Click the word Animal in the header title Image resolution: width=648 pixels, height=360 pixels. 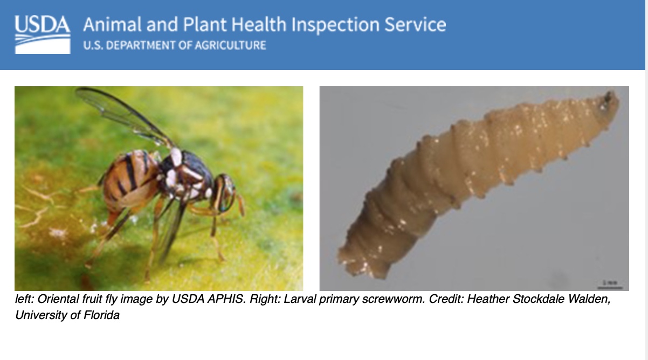(111, 25)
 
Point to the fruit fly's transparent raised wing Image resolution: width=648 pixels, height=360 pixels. (124, 113)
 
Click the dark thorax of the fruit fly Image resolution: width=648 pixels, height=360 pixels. (186, 167)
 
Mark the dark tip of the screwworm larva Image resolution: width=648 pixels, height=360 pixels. (610, 99)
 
